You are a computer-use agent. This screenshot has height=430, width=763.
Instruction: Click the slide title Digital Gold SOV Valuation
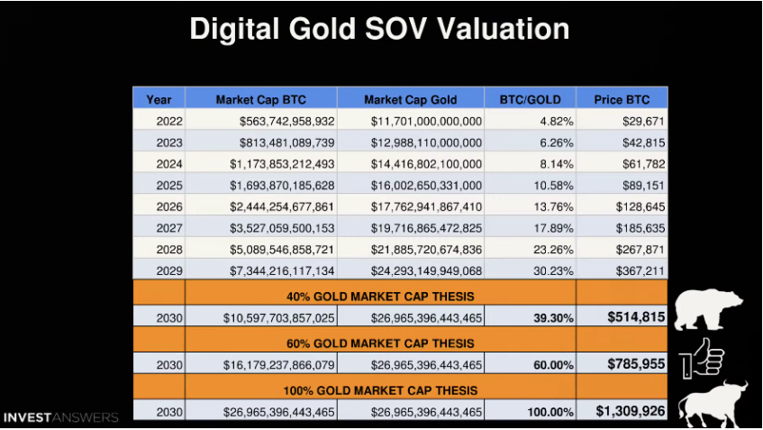379,29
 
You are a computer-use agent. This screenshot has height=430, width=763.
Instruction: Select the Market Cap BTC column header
260,99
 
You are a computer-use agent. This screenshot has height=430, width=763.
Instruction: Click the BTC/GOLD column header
531,99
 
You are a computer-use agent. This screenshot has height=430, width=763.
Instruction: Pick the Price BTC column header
622,99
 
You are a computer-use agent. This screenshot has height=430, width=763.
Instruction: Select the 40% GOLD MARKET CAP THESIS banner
380,294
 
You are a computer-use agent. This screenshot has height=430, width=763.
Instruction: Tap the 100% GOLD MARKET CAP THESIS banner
380,389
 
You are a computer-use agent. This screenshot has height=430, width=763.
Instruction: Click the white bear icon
708,309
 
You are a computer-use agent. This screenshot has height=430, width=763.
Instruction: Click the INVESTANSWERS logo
60,417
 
